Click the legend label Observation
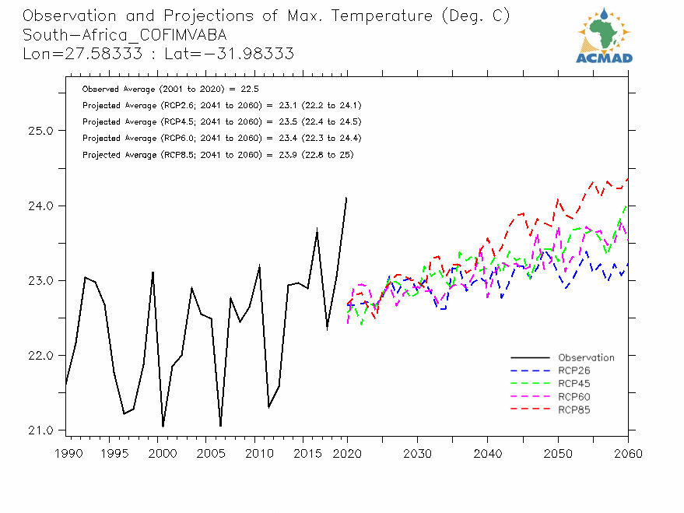tap(586, 358)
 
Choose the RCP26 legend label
tap(574, 371)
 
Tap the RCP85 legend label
tap(574, 409)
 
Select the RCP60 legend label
tap(574, 397)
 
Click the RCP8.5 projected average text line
tap(218, 155)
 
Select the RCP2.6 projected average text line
tap(221, 105)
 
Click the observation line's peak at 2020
tap(346, 198)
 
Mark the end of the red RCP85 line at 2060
tap(627, 179)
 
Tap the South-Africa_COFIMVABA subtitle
tap(125, 35)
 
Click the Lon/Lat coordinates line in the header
tap(158, 53)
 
